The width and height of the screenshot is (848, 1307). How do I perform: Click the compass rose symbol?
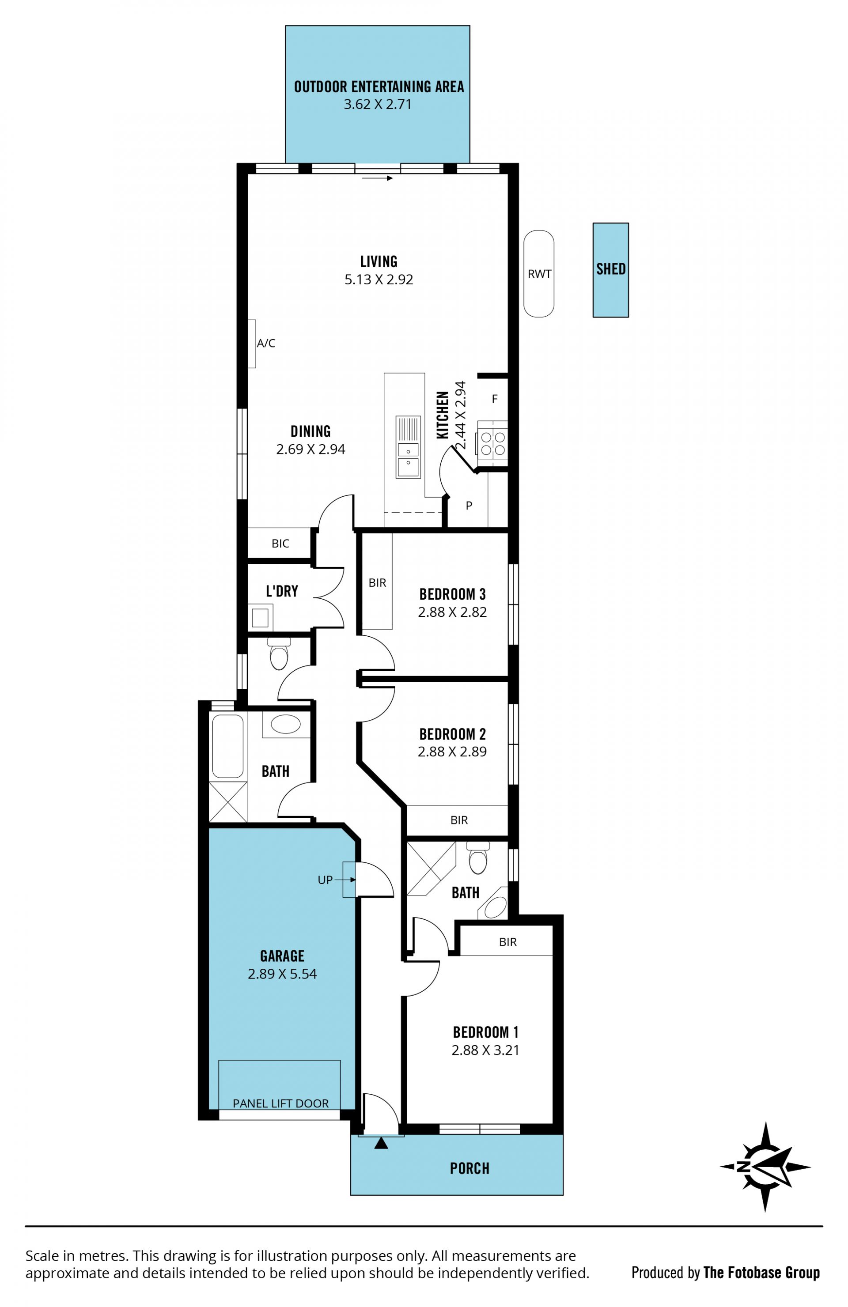tap(765, 1167)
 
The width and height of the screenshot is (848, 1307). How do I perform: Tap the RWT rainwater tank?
tap(539, 273)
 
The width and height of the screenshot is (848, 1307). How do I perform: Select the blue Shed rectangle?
tap(611, 270)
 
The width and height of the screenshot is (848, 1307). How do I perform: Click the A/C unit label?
tap(266, 343)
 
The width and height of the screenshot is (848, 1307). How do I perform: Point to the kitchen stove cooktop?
tap(492, 440)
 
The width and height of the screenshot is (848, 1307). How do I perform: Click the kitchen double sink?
tap(408, 446)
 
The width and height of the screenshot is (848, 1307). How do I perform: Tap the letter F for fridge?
tap(495, 399)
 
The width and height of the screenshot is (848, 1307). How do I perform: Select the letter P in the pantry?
tap(469, 506)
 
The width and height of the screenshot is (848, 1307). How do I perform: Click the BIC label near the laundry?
tap(280, 544)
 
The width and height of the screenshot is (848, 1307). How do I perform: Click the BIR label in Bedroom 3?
tap(377, 583)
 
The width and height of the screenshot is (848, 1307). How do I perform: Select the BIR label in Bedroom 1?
tap(508, 942)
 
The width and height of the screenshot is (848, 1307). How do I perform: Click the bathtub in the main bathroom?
tap(227, 746)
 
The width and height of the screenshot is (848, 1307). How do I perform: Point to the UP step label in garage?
tap(325, 880)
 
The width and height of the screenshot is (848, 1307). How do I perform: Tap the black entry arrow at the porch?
tap(381, 1143)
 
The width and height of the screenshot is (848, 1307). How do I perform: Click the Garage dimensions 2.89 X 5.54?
tap(282, 974)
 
